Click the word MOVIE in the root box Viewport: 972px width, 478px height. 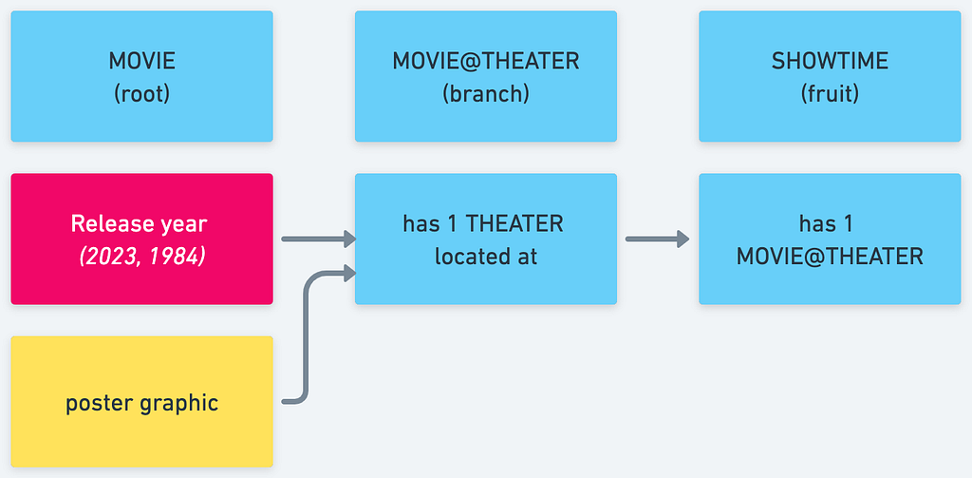(x=142, y=61)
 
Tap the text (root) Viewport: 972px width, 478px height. (x=142, y=94)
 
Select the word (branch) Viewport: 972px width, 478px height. (x=486, y=94)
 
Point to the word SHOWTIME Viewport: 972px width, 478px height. (x=830, y=61)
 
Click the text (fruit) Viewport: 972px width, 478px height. (x=830, y=94)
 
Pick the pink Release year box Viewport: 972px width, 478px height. (x=142, y=239)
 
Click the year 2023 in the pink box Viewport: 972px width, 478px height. (x=103, y=256)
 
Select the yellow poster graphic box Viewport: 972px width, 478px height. (x=142, y=402)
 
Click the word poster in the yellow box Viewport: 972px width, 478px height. (x=99, y=404)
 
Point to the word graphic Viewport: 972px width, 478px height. (x=179, y=404)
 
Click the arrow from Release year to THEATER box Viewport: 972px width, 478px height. (x=319, y=239)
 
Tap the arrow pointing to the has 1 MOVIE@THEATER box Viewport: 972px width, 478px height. (x=658, y=239)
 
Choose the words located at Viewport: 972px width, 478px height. (x=486, y=257)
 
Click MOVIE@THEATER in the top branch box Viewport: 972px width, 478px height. (x=486, y=61)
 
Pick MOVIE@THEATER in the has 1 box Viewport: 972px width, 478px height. (x=830, y=257)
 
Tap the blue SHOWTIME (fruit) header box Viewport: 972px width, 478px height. (x=830, y=76)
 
